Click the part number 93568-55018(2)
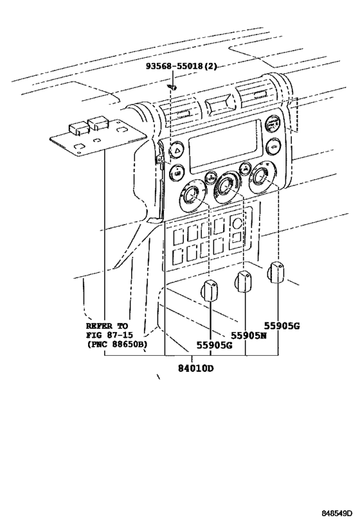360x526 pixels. point(172,66)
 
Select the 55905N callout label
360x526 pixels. point(249,336)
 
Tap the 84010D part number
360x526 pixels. point(195,368)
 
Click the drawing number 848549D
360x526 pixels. point(338,514)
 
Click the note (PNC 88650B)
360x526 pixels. point(116,345)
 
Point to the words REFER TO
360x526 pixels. point(107,326)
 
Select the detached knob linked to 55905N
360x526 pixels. point(243,281)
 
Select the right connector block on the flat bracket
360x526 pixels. point(98,122)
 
